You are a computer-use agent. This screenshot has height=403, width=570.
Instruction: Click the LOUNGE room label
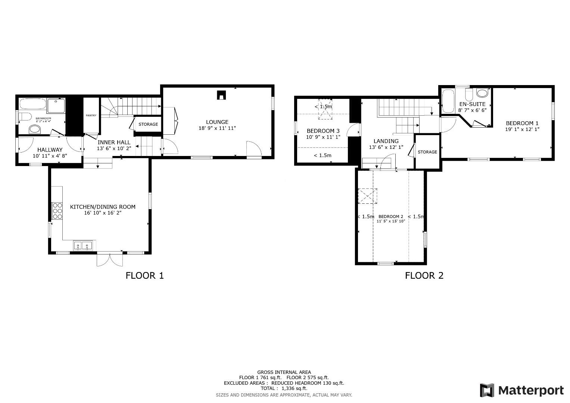(217, 122)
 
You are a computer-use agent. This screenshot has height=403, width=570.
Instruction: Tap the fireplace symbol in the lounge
(221, 96)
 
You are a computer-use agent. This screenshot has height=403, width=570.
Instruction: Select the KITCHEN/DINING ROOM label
(103, 207)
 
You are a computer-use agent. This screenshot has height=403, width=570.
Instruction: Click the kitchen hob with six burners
(57, 210)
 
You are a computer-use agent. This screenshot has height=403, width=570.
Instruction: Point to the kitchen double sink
(82, 246)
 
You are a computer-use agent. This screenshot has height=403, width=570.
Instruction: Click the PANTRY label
(91, 115)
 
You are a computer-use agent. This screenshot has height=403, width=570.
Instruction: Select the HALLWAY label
(50, 150)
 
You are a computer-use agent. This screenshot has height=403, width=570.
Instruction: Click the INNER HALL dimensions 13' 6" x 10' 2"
(114, 148)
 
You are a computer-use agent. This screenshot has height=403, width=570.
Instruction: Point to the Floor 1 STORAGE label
(148, 124)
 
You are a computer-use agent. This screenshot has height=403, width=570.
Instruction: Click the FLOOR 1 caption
(144, 276)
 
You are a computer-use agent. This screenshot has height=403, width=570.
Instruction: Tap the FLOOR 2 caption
(424, 276)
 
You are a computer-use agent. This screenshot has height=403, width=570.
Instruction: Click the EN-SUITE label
(472, 104)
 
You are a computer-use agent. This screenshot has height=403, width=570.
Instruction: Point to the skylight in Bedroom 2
(368, 196)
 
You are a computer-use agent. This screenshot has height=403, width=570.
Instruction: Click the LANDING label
(386, 141)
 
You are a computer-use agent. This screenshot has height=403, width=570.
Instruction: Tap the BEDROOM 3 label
(323, 131)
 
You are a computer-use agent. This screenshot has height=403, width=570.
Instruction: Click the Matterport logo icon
(487, 390)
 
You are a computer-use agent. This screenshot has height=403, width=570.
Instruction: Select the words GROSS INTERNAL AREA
(284, 372)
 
